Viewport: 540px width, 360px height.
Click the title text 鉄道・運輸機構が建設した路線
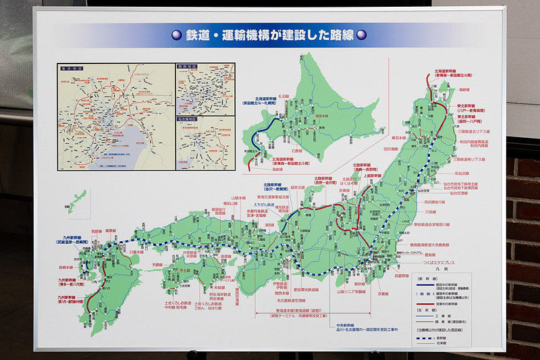pos(271,35)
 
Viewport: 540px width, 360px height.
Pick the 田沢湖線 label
pos(391,148)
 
